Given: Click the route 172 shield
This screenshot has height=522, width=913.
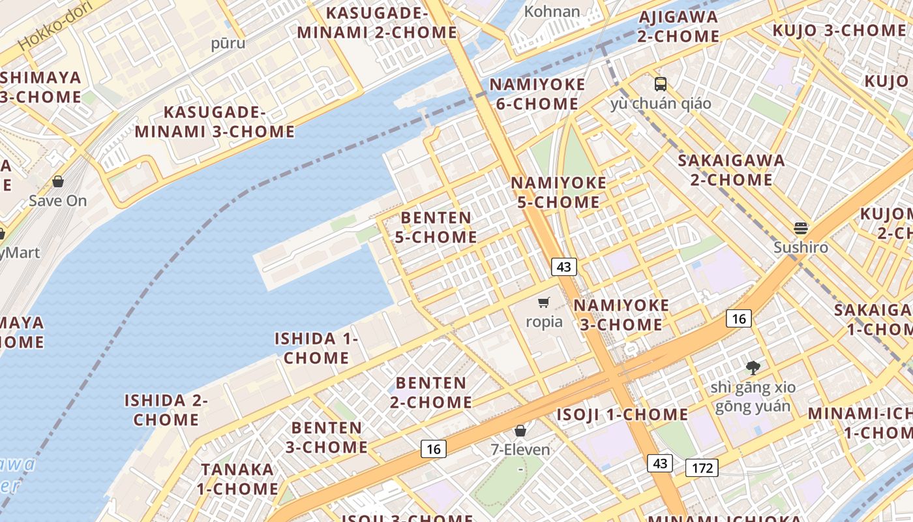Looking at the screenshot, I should click(702, 467).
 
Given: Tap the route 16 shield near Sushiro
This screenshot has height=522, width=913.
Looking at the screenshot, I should click(738, 318).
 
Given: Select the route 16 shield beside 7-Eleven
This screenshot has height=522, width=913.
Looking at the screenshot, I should click(433, 448).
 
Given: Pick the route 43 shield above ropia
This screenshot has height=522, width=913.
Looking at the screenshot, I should click(563, 266).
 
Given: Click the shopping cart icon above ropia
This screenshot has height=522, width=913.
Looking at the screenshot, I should click(544, 302).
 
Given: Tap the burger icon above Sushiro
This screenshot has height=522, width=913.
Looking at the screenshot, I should click(801, 228).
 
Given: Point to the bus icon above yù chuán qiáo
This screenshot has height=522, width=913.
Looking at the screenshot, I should click(661, 84).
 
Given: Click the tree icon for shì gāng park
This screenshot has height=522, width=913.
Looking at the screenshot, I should click(753, 367).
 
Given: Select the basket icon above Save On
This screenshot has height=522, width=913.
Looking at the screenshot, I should click(58, 181).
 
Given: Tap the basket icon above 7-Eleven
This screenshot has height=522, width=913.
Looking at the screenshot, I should click(520, 431).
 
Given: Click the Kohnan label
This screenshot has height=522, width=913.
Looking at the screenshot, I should click(552, 11).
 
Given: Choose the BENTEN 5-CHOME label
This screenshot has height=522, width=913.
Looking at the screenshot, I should click(436, 227).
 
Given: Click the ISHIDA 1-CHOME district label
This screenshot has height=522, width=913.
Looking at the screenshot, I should click(316, 348).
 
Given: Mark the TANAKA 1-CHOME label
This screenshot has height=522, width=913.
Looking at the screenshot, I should click(237, 479).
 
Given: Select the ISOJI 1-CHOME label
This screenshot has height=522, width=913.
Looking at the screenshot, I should click(622, 414).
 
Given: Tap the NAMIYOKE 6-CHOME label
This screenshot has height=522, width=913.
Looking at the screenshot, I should click(537, 94).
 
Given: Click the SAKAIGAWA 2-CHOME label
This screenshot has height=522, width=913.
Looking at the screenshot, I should click(731, 170).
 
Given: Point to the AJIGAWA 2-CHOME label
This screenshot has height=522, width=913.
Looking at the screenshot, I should click(678, 26).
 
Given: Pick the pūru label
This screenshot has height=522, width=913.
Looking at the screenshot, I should click(228, 43).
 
